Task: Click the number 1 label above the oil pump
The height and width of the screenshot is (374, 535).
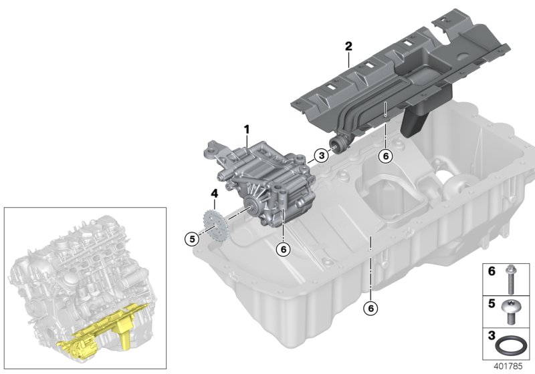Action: point(246,128)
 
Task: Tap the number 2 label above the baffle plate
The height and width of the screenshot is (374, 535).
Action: point(348,46)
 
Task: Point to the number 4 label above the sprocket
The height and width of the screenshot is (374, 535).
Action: point(214,194)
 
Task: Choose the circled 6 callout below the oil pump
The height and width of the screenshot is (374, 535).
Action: point(284,248)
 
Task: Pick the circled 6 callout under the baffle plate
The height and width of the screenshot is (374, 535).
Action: point(384,156)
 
